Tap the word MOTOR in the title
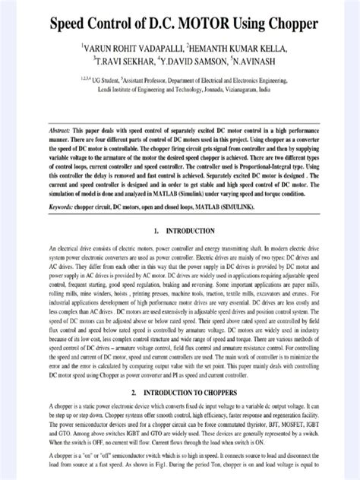point(206,24)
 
